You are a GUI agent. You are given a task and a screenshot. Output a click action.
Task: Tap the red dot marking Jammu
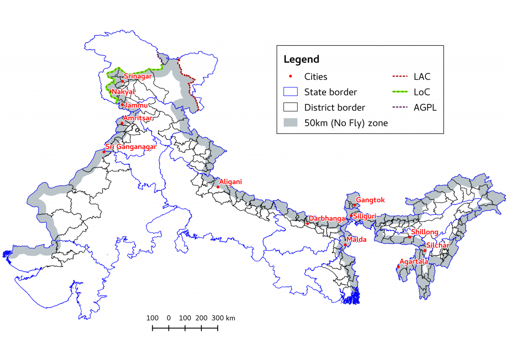(122, 104)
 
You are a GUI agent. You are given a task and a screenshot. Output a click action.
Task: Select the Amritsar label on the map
(138, 118)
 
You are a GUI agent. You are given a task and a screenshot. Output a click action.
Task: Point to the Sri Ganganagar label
(131, 147)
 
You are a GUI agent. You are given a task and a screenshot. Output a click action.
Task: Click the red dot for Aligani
(218, 187)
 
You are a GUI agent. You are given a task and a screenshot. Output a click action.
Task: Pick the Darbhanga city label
(327, 218)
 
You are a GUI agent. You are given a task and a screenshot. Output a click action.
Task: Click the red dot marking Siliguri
(351, 216)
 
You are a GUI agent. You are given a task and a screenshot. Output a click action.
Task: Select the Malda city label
(357, 239)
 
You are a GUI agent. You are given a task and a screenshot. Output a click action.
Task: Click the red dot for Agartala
(399, 267)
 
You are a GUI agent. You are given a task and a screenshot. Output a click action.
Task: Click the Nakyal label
(123, 92)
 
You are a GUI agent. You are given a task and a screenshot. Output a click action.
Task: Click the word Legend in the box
(301, 59)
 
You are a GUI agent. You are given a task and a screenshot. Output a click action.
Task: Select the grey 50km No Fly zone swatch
(290, 123)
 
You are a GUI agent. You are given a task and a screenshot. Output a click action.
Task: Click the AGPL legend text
(425, 107)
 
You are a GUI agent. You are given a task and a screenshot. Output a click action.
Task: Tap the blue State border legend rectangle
(290, 92)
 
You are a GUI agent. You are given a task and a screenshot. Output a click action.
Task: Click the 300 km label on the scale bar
(224, 318)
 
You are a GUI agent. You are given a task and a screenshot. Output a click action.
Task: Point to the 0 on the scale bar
(169, 318)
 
